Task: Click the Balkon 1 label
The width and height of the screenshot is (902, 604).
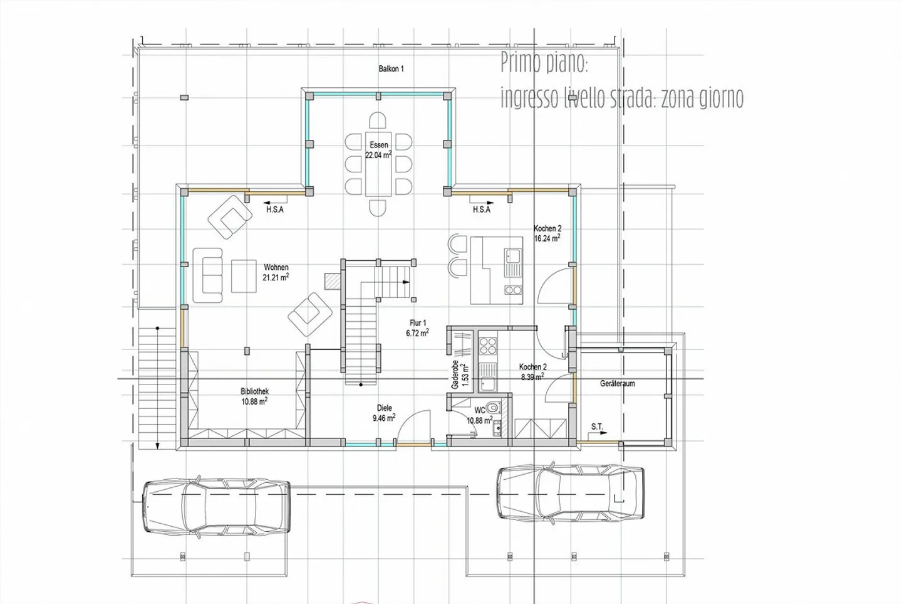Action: [x=391, y=69]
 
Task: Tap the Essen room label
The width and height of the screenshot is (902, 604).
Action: [x=378, y=145]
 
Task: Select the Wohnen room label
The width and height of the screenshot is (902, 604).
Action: [x=276, y=268]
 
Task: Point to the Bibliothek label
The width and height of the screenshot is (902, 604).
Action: [x=254, y=391]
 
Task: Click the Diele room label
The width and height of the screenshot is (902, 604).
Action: [x=384, y=408]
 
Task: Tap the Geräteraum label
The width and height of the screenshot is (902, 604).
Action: [x=617, y=383]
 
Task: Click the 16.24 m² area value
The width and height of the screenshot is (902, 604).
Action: [x=546, y=239]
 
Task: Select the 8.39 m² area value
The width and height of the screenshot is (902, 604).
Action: [x=532, y=377]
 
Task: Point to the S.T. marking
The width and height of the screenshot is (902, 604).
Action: [x=597, y=427]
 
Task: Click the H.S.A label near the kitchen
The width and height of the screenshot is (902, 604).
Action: [x=481, y=209]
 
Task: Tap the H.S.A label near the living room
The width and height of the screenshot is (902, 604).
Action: [x=274, y=209]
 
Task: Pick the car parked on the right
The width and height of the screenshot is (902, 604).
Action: [x=571, y=492]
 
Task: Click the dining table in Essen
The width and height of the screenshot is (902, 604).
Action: [x=378, y=164]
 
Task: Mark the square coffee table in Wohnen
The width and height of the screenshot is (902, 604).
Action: [x=244, y=276]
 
